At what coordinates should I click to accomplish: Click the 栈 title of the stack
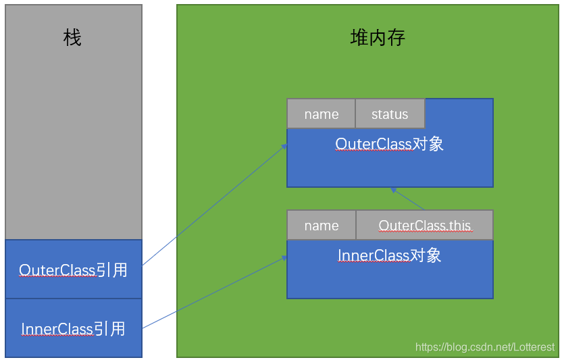(72, 38)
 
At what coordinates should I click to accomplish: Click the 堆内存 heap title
(378, 37)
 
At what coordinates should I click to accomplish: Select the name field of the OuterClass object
(321, 114)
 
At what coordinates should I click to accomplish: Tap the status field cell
(390, 114)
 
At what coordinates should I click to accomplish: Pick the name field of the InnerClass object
(321, 226)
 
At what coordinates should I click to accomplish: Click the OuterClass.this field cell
(424, 226)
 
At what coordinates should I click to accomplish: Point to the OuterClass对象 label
(390, 145)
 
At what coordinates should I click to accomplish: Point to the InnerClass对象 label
(390, 255)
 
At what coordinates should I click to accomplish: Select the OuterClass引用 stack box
(74, 269)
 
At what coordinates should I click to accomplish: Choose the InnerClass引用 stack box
(74, 329)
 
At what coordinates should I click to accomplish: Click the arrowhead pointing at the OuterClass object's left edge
(284, 146)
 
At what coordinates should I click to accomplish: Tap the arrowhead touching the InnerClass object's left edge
(284, 258)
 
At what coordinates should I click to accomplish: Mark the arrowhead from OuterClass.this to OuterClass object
(393, 190)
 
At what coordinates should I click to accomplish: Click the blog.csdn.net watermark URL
(484, 347)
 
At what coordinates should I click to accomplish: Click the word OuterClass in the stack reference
(57, 270)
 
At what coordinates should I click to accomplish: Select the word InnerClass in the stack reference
(57, 330)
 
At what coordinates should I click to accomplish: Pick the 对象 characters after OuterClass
(427, 145)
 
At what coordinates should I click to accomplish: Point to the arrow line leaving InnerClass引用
(213, 292)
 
